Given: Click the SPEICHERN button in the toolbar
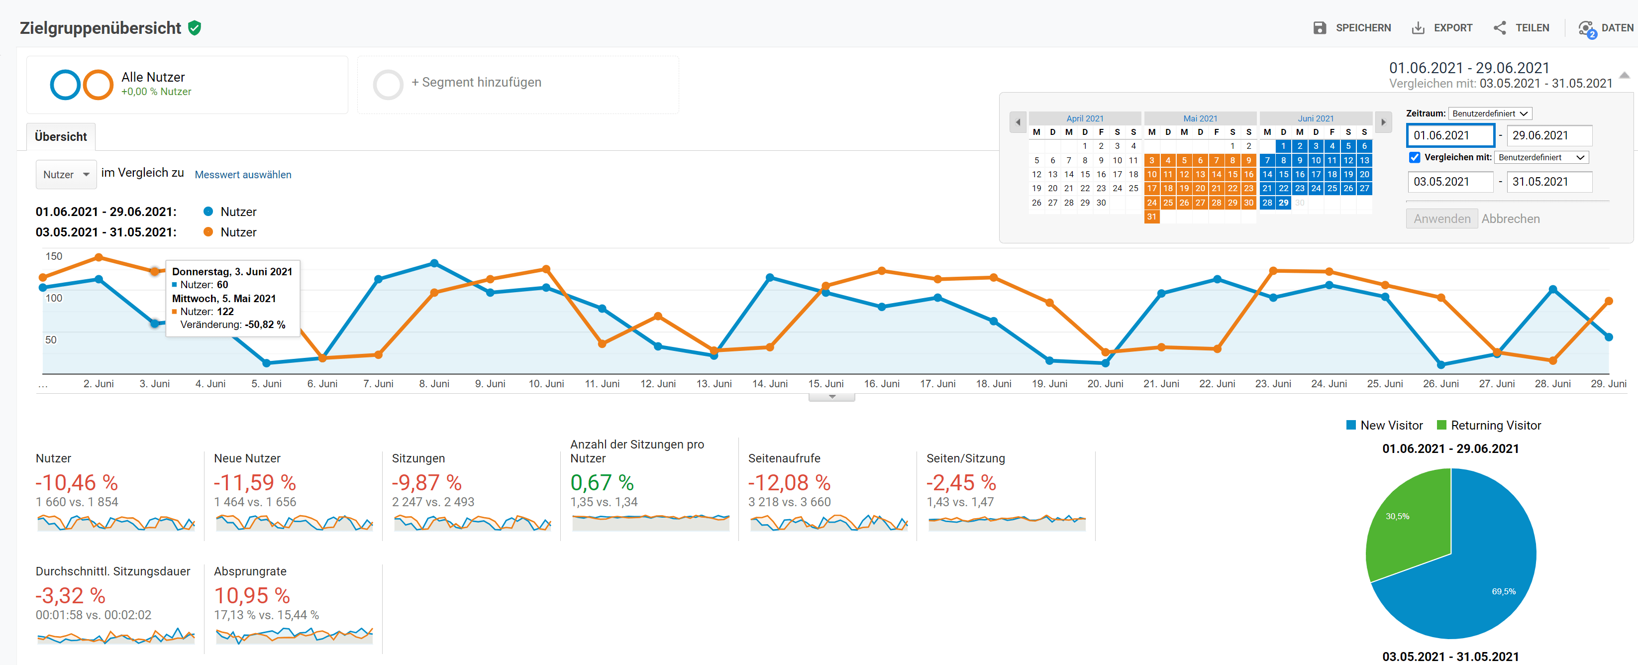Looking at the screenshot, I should [1352, 28].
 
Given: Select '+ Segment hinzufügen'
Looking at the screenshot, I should [476, 83].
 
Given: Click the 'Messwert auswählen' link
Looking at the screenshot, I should [243, 174].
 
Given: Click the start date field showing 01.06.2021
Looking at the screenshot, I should [1450, 135].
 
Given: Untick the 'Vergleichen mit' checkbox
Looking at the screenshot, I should [1414, 157].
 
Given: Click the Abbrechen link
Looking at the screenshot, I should [1510, 219].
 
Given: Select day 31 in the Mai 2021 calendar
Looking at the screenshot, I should [1151, 217].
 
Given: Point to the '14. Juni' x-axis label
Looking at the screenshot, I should [769, 384].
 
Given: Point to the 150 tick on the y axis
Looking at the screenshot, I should [53, 256].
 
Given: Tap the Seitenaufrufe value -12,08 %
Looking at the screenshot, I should [789, 482].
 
